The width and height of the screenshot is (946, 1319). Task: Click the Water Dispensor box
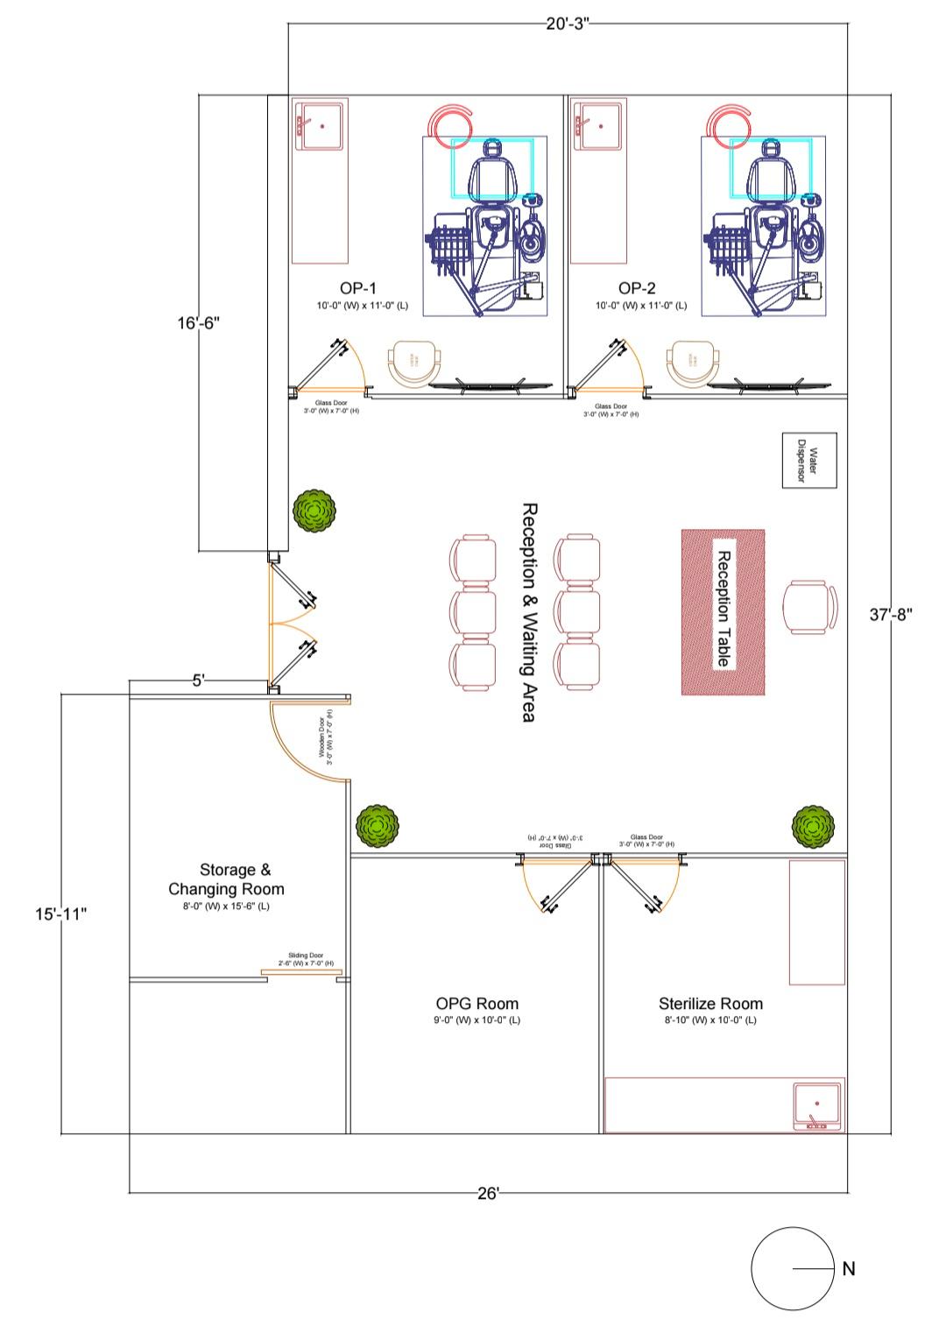tap(809, 461)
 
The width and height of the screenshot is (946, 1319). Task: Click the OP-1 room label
tap(357, 288)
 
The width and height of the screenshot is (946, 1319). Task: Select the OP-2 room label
tap(637, 288)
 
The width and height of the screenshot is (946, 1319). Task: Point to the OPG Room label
tap(477, 1004)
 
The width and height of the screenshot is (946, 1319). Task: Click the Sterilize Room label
tap(710, 1004)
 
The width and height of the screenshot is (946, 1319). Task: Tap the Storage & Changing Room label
tap(227, 879)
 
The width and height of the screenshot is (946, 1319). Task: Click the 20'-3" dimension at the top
tap(568, 24)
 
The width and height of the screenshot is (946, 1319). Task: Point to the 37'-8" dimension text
tap(891, 615)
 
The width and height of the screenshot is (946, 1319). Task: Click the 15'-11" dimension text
tap(61, 914)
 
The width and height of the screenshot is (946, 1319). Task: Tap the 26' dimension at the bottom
tap(488, 1194)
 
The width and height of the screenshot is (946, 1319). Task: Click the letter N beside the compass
tap(848, 1268)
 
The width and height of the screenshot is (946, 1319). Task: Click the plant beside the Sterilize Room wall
tap(813, 827)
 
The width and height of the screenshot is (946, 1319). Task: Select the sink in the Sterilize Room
tap(817, 1106)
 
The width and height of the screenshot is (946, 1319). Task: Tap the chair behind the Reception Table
tap(806, 607)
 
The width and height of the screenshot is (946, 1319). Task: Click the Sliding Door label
tap(306, 959)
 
